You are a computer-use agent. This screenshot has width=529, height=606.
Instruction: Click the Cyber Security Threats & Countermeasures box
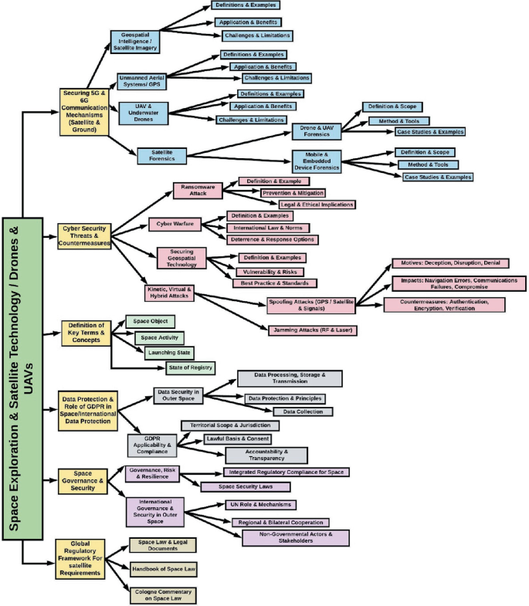(83, 235)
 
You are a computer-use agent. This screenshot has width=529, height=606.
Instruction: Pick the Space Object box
(151, 321)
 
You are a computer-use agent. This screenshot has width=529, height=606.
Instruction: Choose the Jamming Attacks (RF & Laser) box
(313, 330)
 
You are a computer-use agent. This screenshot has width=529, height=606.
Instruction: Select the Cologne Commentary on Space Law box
(162, 594)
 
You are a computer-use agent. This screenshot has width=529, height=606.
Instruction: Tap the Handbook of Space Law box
(164, 569)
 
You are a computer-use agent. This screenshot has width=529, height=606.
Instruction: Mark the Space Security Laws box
(246, 486)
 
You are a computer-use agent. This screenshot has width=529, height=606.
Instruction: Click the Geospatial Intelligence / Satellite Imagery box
(135, 41)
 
